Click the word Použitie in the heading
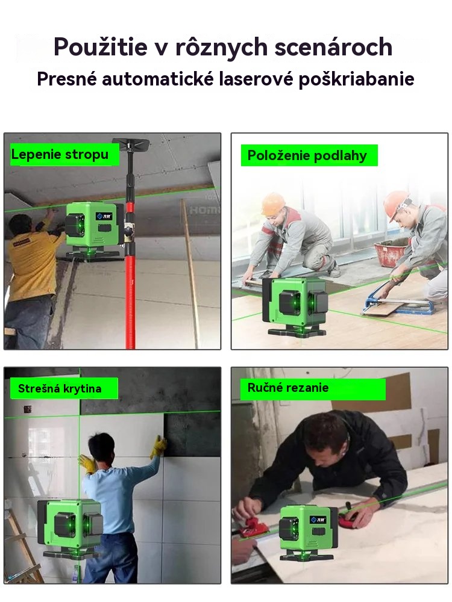tap(101, 47)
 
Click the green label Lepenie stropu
tap(60, 154)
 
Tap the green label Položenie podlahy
tap(307, 155)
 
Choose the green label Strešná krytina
tap(60, 388)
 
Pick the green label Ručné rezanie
tap(288, 388)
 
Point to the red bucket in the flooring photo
tap(389, 253)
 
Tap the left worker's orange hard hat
tap(273, 203)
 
